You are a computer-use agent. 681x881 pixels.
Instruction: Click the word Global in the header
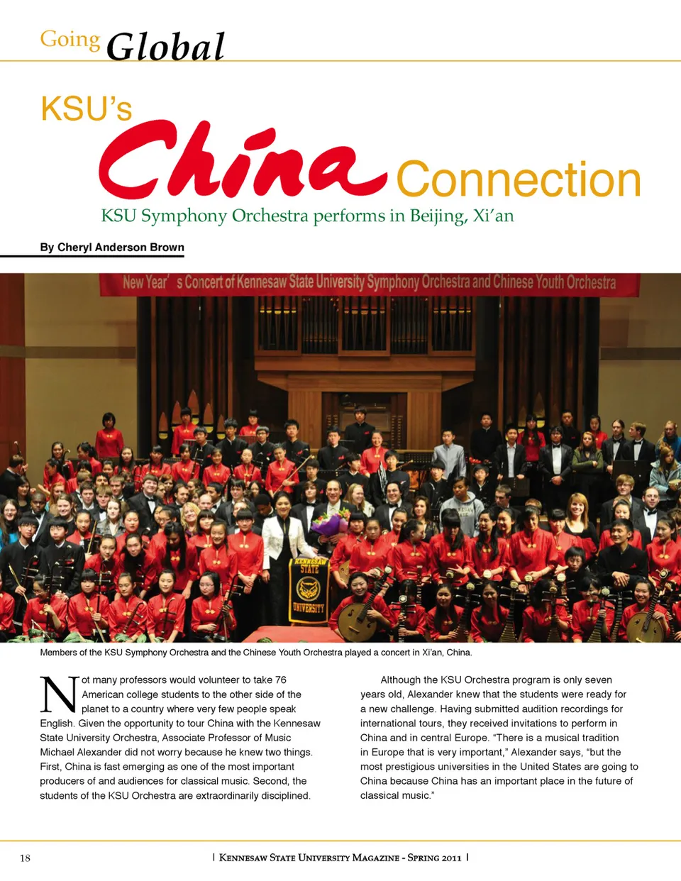pos(165,47)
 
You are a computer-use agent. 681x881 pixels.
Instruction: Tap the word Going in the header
pos(70,39)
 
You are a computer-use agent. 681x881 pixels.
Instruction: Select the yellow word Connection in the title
pos(518,179)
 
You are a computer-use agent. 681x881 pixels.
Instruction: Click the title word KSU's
pos(86,109)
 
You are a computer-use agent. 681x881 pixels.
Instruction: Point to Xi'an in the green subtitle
pos(493,216)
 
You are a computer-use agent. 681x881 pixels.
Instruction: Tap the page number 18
pos(25,858)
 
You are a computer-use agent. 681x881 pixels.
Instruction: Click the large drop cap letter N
pos(58,695)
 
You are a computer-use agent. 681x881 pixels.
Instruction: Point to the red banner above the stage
pos(369,283)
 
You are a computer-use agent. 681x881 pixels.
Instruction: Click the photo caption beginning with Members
pos(255,653)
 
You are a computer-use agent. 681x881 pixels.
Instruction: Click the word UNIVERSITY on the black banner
pos(309,608)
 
